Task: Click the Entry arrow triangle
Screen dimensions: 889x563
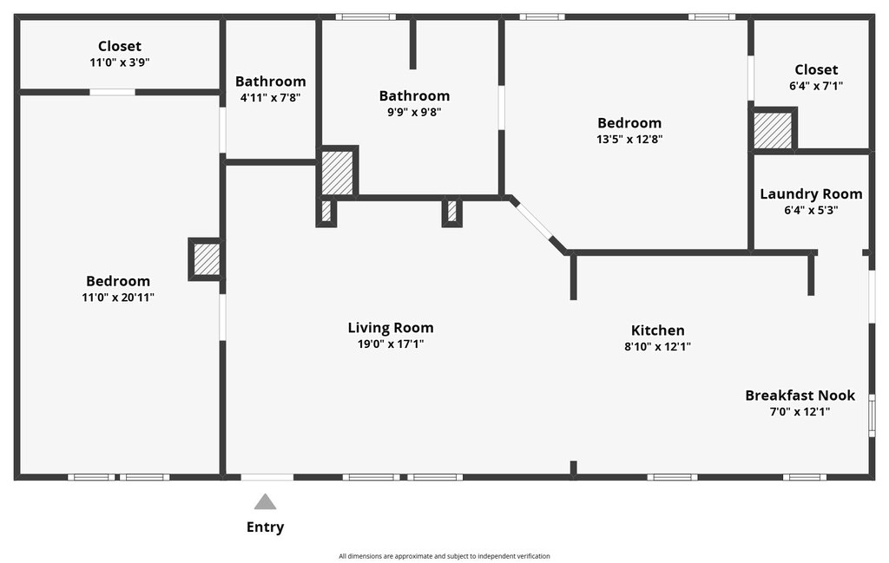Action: point(265,501)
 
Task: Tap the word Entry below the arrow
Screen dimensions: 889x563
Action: point(265,527)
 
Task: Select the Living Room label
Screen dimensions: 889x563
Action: point(391,327)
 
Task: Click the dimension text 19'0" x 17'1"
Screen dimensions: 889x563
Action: point(391,344)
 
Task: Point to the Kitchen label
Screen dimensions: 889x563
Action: point(658,331)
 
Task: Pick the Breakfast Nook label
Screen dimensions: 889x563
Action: point(800,396)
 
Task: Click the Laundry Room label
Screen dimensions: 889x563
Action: point(812,193)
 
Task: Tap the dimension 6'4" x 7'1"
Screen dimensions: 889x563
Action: point(816,86)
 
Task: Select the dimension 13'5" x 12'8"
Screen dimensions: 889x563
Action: point(629,140)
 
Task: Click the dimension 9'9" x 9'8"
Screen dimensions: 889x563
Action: point(414,112)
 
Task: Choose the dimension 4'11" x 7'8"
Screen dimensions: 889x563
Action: point(271,98)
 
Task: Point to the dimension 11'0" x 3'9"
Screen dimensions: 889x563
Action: point(120,62)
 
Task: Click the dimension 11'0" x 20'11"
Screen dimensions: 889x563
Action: point(118,298)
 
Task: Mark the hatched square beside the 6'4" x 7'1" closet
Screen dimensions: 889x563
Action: point(772,130)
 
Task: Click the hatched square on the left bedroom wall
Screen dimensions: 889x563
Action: point(207,259)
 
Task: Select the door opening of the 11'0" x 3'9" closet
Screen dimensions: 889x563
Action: point(112,92)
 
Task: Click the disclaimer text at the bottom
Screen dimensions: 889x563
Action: point(444,556)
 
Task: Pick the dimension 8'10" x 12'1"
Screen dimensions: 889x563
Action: point(658,347)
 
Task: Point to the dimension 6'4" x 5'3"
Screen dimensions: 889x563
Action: point(812,210)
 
